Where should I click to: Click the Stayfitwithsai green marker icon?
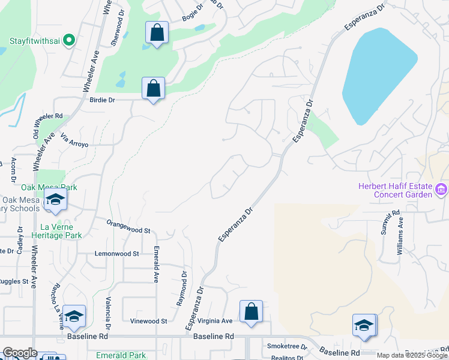69,41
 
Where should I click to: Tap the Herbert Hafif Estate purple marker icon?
441,190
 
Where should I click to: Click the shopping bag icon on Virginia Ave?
251,311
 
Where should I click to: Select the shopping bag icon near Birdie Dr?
154,88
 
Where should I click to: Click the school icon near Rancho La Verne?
74,316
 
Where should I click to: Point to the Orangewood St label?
128,230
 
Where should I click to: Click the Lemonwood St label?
116,254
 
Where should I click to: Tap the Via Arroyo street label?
75,140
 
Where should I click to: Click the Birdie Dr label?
101,100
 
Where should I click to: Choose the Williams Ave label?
400,236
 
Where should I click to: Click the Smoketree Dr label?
287,347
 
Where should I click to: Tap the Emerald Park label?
121,355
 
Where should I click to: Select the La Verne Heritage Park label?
61,231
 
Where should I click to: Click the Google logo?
20,353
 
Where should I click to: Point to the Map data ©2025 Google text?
412,355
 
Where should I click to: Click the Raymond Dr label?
181,288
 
